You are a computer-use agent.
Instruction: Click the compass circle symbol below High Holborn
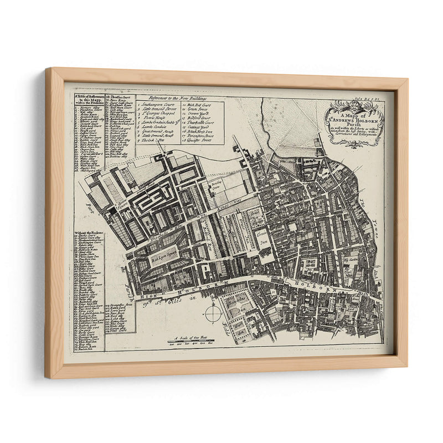coord(213,313)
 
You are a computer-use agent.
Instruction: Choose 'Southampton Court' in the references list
coord(161,105)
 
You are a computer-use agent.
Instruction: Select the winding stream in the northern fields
coord(265,133)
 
